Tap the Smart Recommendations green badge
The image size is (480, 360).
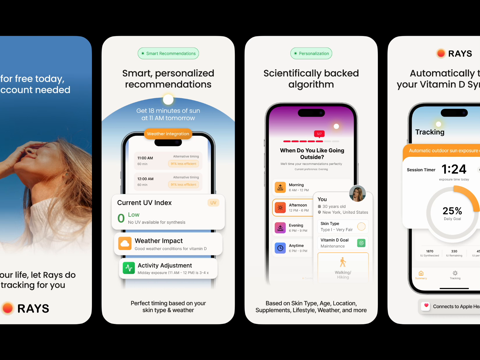coord(168,54)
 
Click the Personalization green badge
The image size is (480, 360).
coord(311,54)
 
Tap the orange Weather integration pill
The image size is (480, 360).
coord(168,134)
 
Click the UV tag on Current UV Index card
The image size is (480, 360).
coord(213,203)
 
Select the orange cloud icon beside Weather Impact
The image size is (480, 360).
coord(125,243)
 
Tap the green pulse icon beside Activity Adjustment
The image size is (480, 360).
coord(129,268)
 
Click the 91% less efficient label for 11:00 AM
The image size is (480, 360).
coord(184,164)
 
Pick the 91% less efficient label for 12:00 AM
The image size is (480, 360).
coord(184,185)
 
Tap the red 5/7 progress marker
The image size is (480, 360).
coord(319,134)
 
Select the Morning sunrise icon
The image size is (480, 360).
coord(280,188)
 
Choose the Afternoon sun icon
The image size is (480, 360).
coord(280,208)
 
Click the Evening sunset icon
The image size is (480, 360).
coord(280,228)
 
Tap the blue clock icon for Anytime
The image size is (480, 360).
coord(280,248)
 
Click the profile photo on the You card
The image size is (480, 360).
coord(357,193)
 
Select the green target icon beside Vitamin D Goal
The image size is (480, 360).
coord(361,243)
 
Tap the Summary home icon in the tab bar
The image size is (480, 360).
coord(421,274)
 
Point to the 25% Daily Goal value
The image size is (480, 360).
coord(452,211)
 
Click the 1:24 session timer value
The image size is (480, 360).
coord(454,169)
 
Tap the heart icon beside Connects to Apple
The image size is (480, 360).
coord(426,306)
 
